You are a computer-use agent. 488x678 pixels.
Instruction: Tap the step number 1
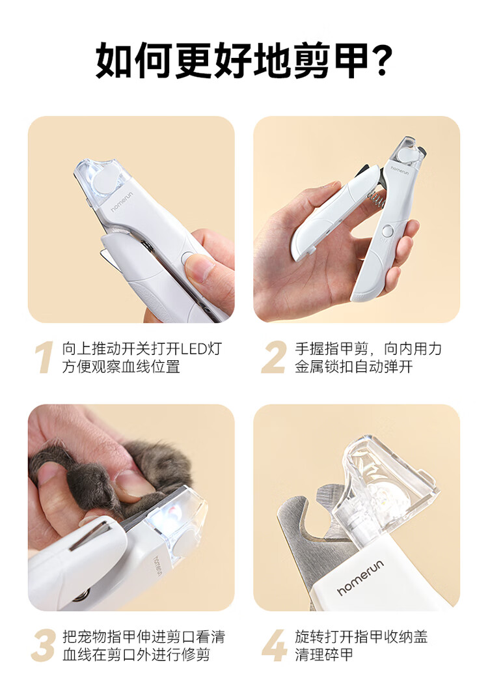point(44,357)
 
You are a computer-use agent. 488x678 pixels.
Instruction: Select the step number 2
point(274,357)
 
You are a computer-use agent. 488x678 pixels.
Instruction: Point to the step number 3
point(43,645)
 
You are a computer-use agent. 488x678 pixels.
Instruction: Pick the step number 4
point(274,645)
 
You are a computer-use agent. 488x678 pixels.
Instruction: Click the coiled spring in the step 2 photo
point(376,199)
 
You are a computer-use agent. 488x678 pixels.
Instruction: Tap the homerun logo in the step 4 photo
point(360,577)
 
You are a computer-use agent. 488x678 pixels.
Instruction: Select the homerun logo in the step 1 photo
point(122,202)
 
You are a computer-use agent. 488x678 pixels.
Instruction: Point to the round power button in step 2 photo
point(387,231)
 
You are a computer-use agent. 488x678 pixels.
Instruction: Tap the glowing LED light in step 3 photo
point(173,512)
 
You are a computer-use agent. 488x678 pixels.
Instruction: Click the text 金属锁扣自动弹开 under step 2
point(354,367)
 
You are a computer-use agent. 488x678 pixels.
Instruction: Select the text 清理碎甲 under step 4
point(324,654)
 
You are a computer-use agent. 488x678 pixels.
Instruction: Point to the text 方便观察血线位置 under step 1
point(121,367)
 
